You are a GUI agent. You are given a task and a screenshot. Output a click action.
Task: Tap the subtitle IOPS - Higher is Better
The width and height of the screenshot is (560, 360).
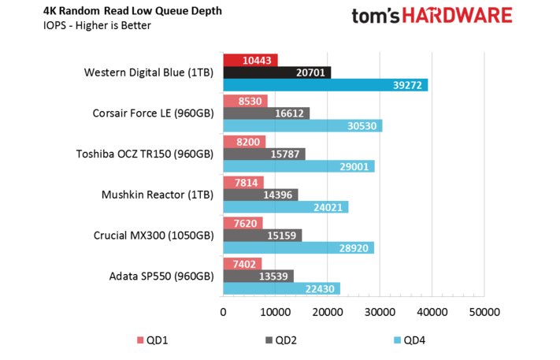(x=87, y=25)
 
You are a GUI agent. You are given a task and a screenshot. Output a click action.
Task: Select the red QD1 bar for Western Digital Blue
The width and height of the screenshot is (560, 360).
(x=250, y=61)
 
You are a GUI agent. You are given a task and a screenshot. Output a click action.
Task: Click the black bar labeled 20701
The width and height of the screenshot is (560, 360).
(x=276, y=72)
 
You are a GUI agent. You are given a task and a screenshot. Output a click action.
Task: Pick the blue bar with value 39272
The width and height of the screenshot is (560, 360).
(x=325, y=84)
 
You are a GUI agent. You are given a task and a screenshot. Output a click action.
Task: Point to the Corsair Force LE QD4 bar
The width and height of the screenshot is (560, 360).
(x=302, y=124)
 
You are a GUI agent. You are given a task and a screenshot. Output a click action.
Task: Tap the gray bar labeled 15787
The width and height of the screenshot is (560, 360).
(x=264, y=154)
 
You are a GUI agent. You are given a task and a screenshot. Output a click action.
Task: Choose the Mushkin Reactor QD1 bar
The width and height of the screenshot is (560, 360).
(x=243, y=183)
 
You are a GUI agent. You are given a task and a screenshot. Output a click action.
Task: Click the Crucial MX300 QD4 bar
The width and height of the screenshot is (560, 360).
(x=299, y=247)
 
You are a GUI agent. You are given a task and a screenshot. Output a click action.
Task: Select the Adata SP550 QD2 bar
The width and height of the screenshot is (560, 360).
(x=258, y=276)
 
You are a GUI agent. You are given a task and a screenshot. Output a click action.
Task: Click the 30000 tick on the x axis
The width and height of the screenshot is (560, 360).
(x=380, y=313)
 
